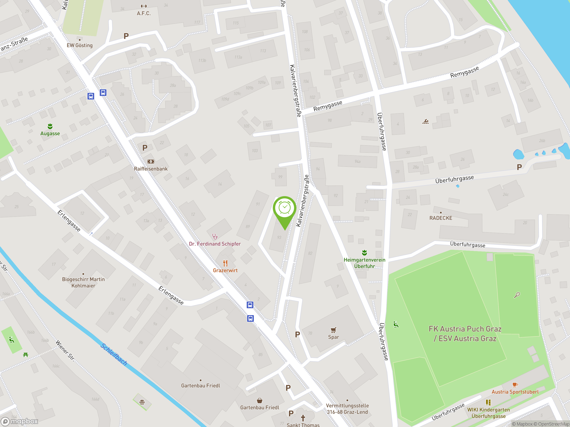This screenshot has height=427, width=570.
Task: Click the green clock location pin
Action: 285,208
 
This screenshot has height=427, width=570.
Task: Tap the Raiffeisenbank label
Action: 151,169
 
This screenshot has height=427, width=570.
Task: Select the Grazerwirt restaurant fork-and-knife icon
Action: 226,263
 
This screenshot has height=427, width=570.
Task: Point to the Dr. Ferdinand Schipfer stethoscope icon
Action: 215,236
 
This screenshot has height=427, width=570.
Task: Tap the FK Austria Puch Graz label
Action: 465,334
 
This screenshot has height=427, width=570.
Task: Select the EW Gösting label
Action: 80,45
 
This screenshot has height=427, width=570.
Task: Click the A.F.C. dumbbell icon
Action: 144,6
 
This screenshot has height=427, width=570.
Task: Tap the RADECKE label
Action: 441,218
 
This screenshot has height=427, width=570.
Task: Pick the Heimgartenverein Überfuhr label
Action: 364,263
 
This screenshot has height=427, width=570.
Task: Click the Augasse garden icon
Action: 50,126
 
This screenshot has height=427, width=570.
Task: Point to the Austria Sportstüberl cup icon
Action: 515,385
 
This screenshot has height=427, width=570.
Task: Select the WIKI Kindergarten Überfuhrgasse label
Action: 488,413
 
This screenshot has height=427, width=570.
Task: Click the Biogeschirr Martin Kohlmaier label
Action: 83,282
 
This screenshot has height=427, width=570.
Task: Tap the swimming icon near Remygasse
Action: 425,121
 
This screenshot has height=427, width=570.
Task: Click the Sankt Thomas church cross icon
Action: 303,418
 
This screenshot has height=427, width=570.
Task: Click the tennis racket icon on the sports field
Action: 517,295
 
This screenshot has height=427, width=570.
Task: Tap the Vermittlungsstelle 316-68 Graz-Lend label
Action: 347,409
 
